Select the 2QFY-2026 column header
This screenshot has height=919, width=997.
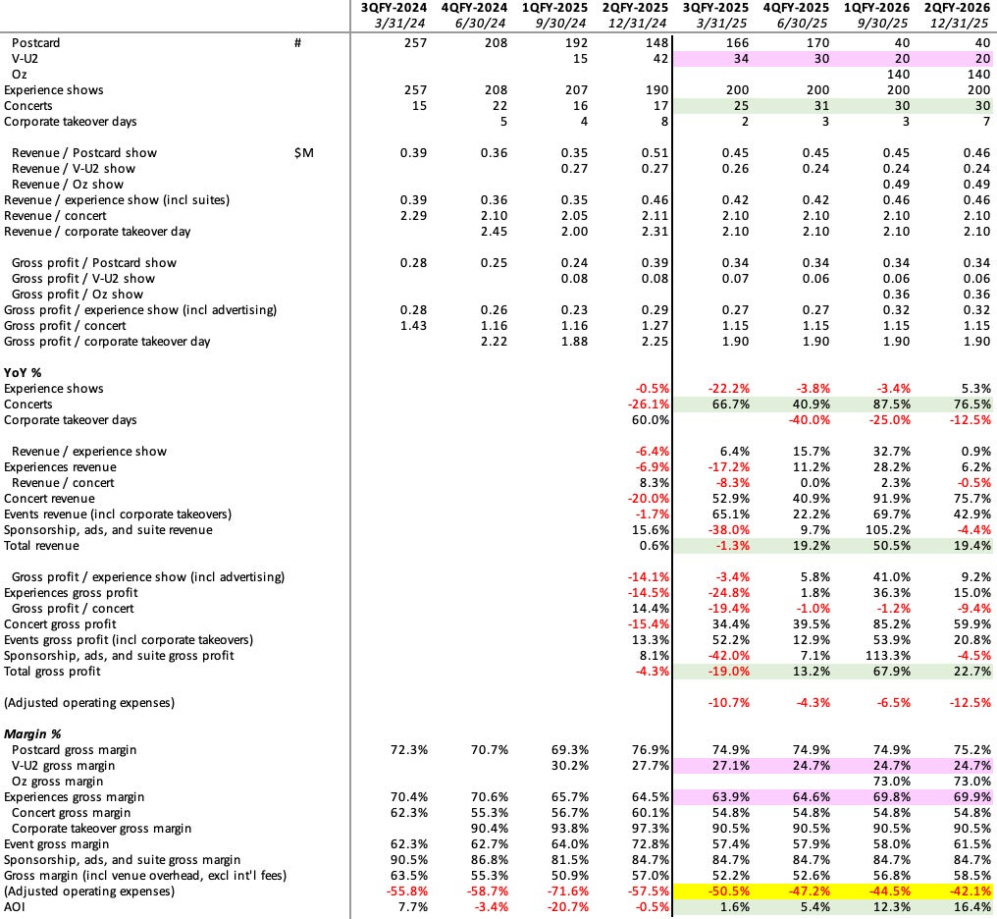[959, 9]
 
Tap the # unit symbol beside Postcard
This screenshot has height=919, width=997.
[297, 43]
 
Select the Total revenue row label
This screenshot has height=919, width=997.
[41, 546]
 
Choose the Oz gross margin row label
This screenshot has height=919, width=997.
[63, 782]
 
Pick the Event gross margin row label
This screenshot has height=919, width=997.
[57, 844]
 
